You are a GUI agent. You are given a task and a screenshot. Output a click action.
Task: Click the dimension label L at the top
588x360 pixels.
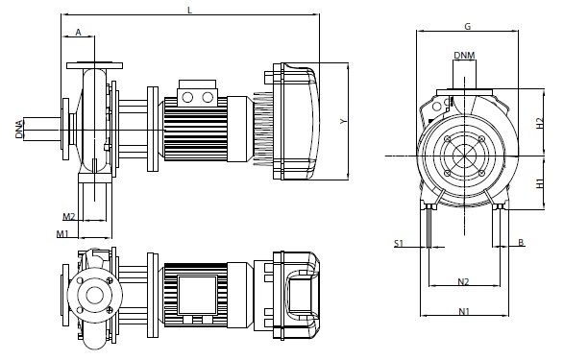tap(189, 11)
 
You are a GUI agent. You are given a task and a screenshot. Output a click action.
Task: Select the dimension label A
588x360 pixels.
tap(78, 33)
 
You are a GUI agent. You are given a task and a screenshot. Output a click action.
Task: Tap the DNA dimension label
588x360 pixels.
tap(19, 130)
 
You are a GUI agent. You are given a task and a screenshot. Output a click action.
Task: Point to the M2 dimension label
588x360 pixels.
tap(69, 217)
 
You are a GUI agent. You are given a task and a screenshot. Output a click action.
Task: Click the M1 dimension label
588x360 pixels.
tap(62, 234)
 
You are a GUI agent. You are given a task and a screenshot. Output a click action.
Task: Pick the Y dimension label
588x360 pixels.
tap(343, 121)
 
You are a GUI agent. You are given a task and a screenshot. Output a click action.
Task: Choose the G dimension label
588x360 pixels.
tap(467, 27)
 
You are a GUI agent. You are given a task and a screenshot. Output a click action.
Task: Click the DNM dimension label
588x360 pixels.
tap(464, 56)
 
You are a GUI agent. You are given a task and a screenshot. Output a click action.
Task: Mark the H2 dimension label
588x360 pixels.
tap(540, 123)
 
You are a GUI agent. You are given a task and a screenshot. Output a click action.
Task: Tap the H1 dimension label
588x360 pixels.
tap(540, 183)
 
